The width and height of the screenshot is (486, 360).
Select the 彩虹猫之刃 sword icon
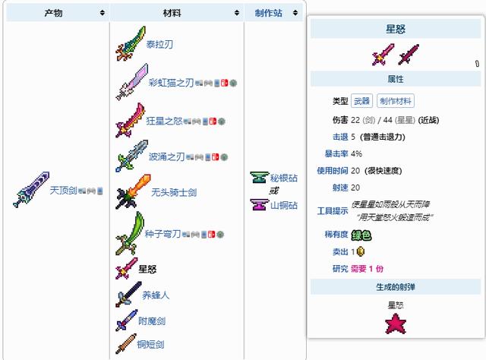coord(131,81)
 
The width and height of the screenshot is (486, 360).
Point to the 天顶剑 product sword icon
coord(31,189)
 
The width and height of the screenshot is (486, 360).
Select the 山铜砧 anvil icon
coord(258,204)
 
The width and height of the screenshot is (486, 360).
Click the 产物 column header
coord(53,13)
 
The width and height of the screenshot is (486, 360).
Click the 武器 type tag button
coord(362,101)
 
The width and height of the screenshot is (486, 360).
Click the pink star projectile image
coord(396,324)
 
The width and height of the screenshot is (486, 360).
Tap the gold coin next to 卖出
coord(361,251)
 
